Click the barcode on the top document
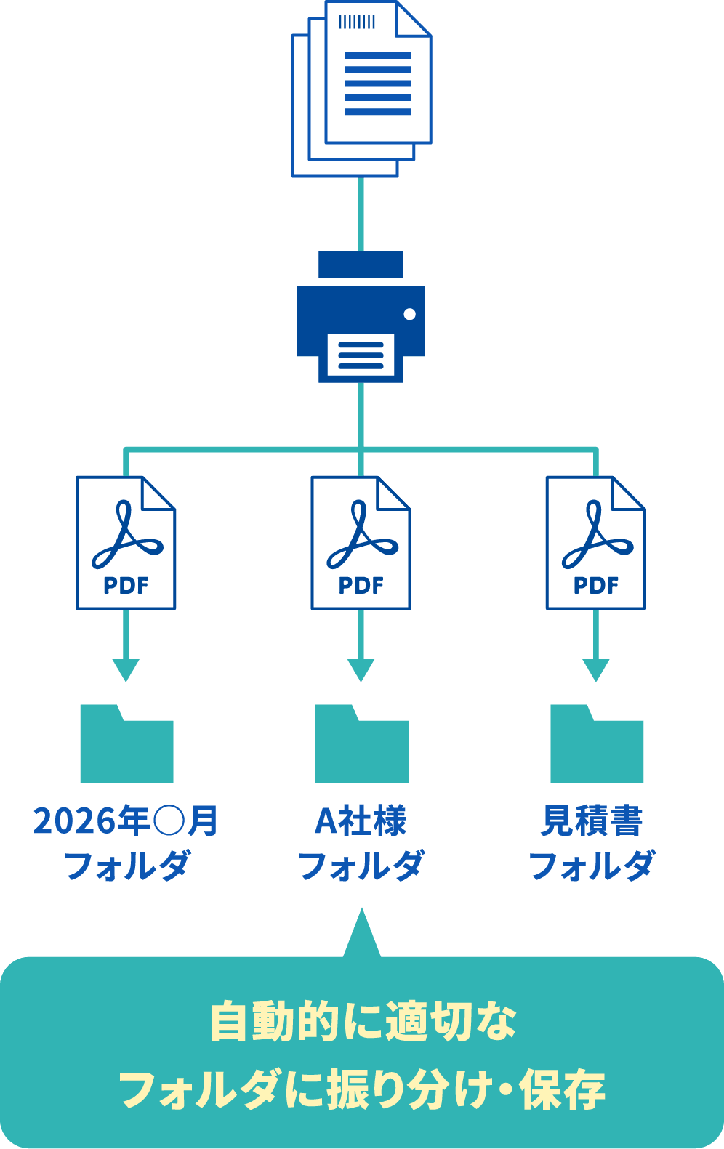click(357, 22)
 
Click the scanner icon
click(361, 317)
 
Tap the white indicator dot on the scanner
click(409, 314)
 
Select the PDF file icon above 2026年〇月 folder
click(126, 542)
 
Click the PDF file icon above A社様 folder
click(361, 542)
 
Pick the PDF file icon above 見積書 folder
click(595, 542)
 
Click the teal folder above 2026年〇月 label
click(126, 745)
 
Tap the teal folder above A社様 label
click(361, 745)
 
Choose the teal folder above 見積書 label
click(597, 745)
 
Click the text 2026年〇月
click(126, 821)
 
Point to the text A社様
click(361, 821)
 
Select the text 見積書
click(592, 821)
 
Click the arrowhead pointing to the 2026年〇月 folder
click(126, 670)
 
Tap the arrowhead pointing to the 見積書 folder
click(595, 670)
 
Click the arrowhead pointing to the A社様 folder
click(361, 670)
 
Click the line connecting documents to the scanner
click(361, 214)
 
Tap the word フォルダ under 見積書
click(592, 866)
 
